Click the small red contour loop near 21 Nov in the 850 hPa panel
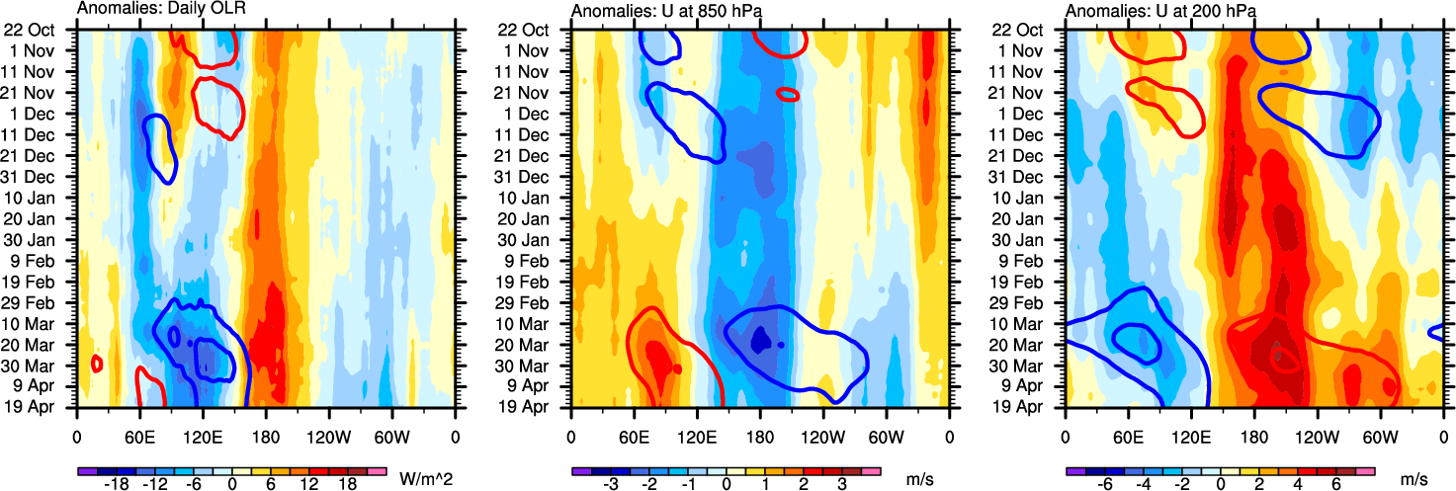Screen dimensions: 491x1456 tap(788, 94)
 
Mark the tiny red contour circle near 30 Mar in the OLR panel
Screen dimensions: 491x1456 tap(97, 363)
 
